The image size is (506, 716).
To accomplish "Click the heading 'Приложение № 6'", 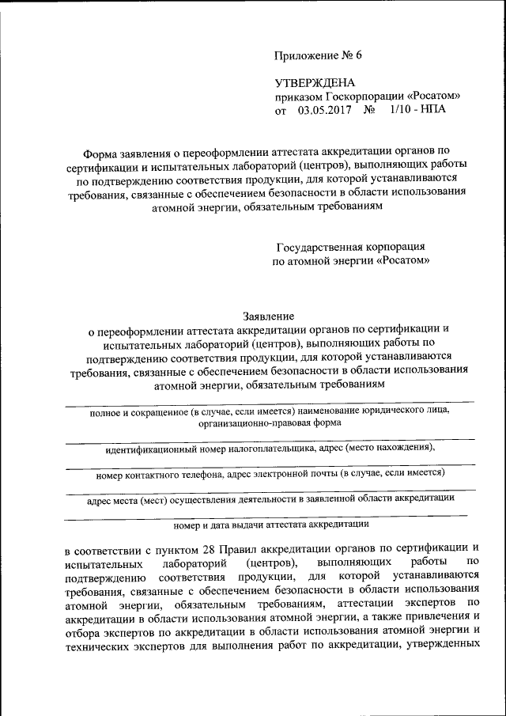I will click(317, 55).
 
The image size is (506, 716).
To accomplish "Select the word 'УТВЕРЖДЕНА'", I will click(315, 82).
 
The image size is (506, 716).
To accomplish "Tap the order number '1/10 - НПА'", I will click(417, 110).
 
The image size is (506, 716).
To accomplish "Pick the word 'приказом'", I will click(296, 97).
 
